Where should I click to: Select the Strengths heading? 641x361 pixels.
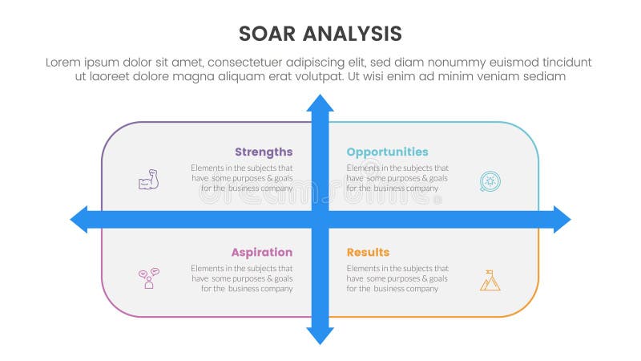coord(264,152)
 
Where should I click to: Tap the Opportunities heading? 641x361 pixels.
coord(387,152)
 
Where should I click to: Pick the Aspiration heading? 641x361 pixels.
coord(262,252)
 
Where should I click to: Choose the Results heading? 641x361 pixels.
coord(368,252)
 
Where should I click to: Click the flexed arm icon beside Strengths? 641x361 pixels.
coord(148,180)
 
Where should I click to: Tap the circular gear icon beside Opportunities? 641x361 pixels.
coord(490,180)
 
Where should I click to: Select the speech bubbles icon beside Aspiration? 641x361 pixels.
coord(148,278)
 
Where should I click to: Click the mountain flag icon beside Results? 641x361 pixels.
coord(490,279)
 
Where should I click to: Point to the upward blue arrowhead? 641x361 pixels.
coord(320,104)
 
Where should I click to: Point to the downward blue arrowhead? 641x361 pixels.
coord(320,335)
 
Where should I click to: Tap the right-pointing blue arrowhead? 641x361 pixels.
coord(561,219)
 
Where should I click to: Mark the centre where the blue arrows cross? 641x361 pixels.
coord(320,219)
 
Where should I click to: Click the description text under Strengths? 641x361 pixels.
coord(241,178)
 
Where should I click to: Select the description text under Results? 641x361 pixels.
coord(397,278)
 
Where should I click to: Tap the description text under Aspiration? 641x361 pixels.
coord(241,278)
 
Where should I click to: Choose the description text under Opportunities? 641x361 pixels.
coord(397,178)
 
